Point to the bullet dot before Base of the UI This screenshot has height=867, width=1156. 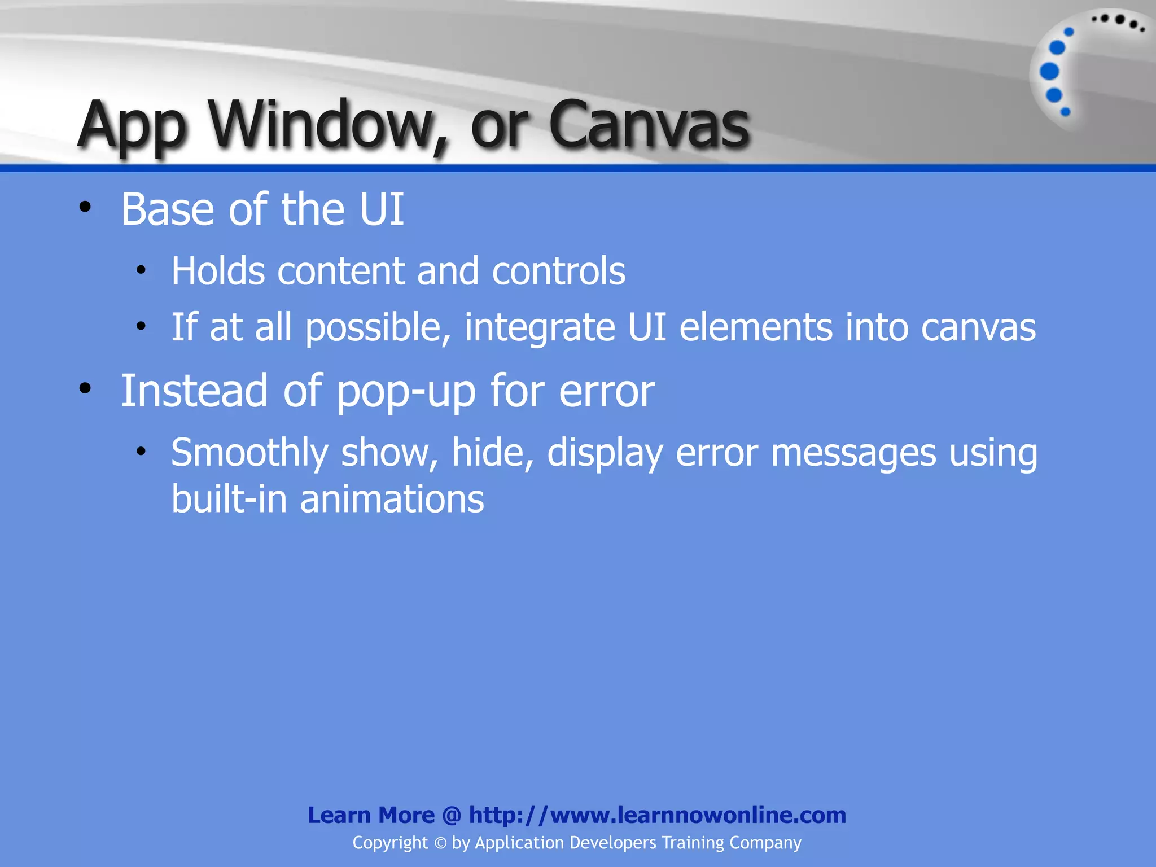[85, 207]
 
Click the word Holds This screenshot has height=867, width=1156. [218, 271]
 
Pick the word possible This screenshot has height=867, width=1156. [378, 329]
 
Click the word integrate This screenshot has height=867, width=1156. [540, 329]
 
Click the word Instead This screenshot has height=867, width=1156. [194, 391]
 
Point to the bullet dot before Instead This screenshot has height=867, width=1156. [85, 388]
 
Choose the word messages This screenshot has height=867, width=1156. [853, 453]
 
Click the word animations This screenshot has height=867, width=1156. [392, 500]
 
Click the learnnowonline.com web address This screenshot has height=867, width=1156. [657, 815]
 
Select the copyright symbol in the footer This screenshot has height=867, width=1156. [440, 843]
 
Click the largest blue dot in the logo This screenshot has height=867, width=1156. [1049, 72]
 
